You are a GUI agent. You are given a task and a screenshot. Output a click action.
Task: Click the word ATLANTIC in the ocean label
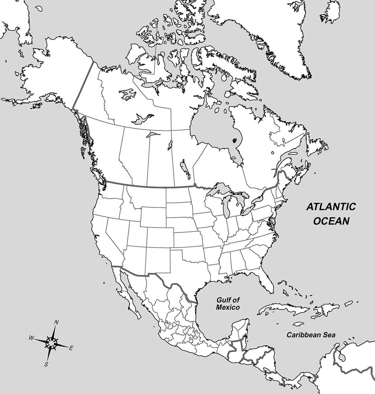(x=331, y=207)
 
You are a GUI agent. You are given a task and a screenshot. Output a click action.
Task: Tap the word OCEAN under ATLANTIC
(x=331, y=221)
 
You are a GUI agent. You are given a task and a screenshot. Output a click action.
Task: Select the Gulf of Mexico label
(x=228, y=304)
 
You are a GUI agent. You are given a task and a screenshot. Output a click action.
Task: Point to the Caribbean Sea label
(x=311, y=335)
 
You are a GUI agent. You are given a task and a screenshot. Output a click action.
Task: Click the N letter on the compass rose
(x=57, y=322)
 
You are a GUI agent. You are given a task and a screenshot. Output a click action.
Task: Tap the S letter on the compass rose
(x=46, y=364)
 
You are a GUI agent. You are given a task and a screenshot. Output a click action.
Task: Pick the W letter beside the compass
(x=31, y=338)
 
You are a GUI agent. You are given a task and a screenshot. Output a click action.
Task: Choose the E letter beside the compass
(x=71, y=348)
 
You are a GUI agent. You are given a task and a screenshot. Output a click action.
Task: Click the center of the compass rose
(x=51, y=342)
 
